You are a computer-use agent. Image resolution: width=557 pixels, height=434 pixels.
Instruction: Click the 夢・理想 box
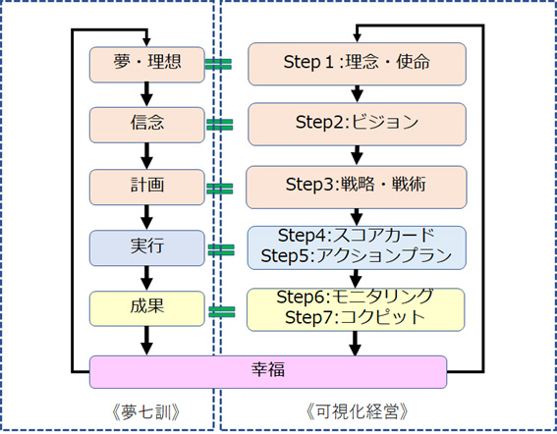(x=146, y=65)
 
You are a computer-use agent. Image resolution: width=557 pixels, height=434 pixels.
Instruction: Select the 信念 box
(x=146, y=125)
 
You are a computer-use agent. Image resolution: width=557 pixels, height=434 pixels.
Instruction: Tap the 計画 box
(x=146, y=188)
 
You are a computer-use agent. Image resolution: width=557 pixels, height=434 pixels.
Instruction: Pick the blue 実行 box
(x=146, y=247)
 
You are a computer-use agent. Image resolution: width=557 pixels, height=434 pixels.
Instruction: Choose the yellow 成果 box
(x=146, y=308)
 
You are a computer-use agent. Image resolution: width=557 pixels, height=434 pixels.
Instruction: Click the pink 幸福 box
(x=268, y=372)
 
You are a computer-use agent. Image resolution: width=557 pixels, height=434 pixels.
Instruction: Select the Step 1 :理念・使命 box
(x=357, y=64)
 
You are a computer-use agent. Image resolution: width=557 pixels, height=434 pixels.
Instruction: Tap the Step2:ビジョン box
(x=357, y=125)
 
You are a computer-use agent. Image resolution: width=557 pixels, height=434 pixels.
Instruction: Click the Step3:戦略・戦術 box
(x=357, y=188)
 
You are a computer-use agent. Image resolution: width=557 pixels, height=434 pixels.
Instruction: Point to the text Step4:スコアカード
(x=357, y=236)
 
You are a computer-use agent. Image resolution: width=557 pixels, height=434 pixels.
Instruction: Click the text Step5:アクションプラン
(x=357, y=255)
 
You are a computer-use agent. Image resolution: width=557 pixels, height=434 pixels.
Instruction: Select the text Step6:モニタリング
(x=355, y=297)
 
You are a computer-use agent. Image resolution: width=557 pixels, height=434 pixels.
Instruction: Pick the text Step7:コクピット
(x=355, y=317)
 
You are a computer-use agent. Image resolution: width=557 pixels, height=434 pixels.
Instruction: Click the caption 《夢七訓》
(x=146, y=412)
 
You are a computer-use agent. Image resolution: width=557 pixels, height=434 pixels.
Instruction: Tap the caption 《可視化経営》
(x=357, y=412)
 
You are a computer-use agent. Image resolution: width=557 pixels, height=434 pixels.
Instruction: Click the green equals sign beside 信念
(x=220, y=125)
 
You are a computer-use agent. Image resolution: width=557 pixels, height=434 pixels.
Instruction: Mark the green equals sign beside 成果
(x=222, y=312)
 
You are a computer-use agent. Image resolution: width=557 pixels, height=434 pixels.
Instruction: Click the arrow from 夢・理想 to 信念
(x=146, y=95)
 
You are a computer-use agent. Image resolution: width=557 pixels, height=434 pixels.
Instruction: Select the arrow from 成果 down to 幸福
(x=146, y=341)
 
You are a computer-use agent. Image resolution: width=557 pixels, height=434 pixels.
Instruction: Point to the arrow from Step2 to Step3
(x=357, y=155)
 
